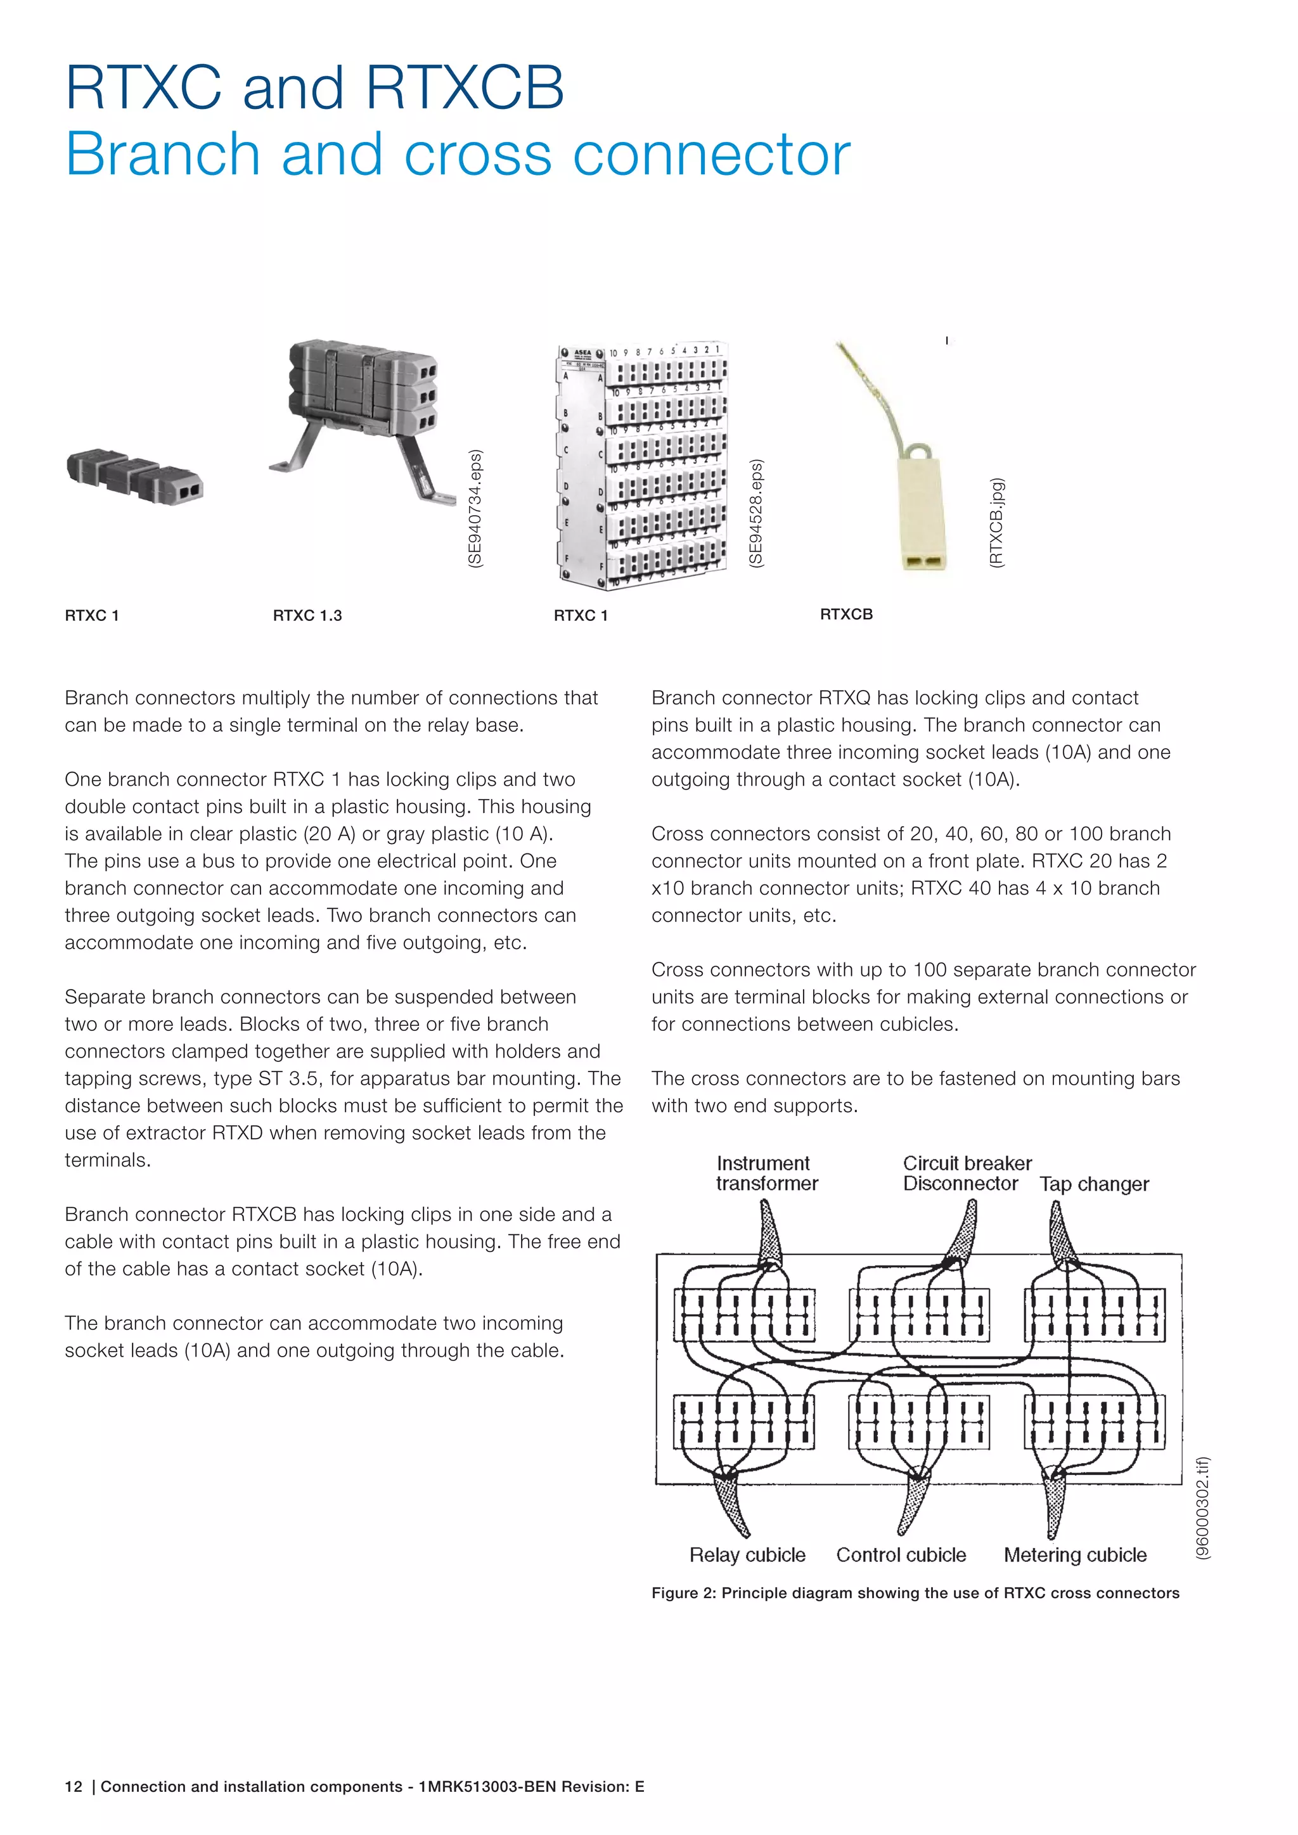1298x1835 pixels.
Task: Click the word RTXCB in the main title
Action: (x=465, y=88)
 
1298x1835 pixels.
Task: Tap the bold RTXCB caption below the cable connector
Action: (x=845, y=615)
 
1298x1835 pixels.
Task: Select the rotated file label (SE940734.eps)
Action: (x=475, y=509)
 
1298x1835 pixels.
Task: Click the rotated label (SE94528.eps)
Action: (x=756, y=514)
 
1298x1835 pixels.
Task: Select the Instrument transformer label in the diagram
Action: (x=766, y=1173)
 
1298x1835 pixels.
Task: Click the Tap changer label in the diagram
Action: (x=1093, y=1184)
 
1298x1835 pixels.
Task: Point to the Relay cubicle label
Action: (x=747, y=1556)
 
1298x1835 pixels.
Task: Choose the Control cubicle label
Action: (x=901, y=1556)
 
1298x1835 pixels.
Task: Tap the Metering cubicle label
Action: (x=1074, y=1556)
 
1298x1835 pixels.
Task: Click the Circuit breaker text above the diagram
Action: (x=967, y=1163)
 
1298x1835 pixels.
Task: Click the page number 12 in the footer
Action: (x=74, y=1787)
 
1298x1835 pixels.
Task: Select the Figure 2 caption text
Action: (x=915, y=1593)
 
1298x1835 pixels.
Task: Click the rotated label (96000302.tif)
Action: (x=1202, y=1508)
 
